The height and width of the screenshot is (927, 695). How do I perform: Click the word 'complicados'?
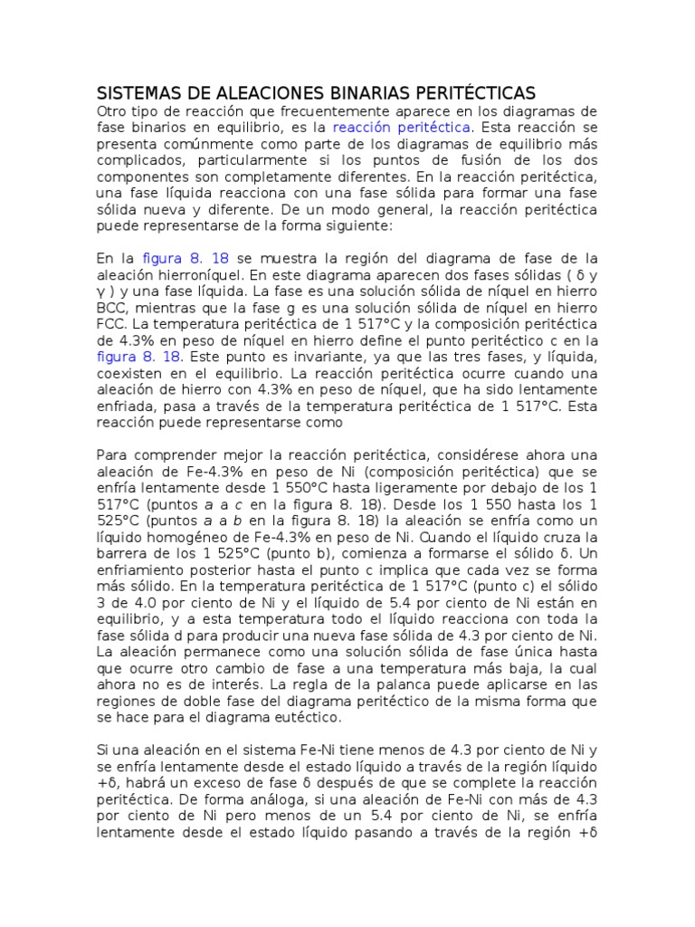click(x=138, y=159)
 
